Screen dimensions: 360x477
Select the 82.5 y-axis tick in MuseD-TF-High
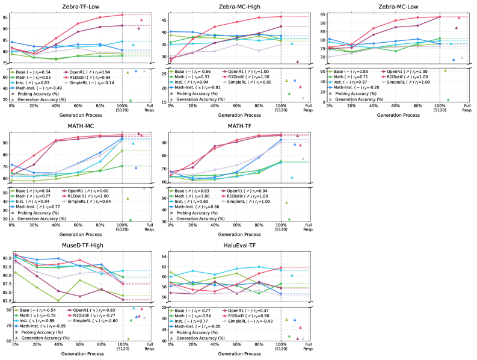tap(5, 300)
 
